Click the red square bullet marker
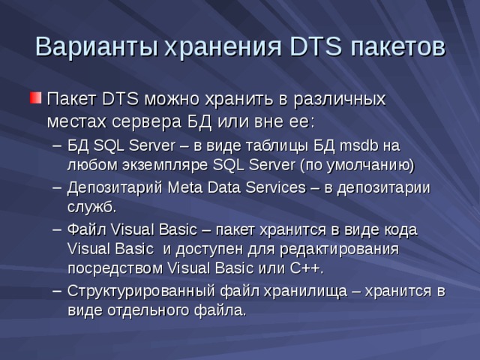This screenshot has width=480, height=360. [34, 98]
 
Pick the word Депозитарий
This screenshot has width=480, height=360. [112, 187]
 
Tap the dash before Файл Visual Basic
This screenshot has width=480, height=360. [57, 229]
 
